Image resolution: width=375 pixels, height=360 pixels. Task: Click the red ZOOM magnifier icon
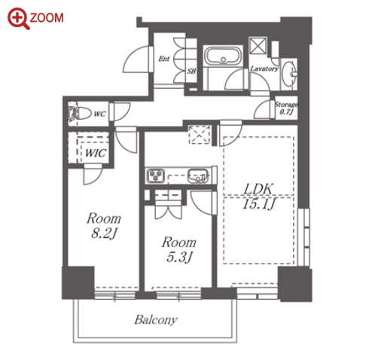tap(19, 19)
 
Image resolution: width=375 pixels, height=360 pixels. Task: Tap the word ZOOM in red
tap(47, 18)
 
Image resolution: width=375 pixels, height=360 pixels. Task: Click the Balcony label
tap(156, 319)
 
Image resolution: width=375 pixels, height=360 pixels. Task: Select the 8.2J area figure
tap(104, 234)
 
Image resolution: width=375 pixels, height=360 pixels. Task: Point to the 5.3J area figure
tap(179, 258)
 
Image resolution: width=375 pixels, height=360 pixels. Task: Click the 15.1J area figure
tap(259, 204)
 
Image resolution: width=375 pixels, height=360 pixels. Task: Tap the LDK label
tap(258, 189)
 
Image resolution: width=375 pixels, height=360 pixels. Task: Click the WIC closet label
tap(96, 153)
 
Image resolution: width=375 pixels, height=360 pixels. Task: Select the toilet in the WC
tap(80, 114)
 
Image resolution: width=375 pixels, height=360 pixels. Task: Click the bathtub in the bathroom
tap(223, 56)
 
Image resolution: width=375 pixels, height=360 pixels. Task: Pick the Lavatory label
tap(264, 69)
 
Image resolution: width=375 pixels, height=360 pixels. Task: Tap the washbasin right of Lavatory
tap(289, 74)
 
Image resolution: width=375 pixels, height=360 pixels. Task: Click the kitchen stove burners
tap(156, 175)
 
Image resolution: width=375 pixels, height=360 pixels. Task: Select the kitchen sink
tap(198, 175)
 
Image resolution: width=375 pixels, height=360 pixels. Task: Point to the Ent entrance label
tap(164, 59)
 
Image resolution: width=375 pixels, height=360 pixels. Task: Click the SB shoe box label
tap(191, 71)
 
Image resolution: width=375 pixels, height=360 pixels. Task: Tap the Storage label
tap(286, 104)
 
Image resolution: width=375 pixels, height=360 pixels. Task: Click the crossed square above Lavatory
tap(258, 45)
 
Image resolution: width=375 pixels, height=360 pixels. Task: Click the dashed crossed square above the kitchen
tap(200, 134)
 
